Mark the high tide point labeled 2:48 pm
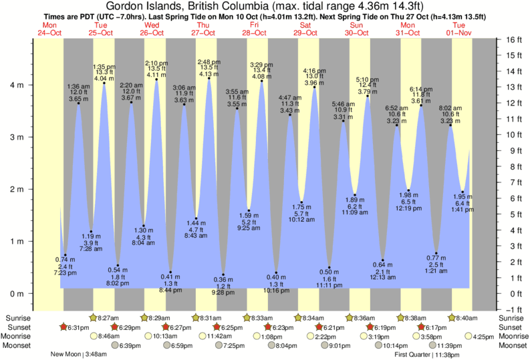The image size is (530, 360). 209,79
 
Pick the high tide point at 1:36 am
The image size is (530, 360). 78,104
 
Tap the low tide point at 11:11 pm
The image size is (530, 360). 329,267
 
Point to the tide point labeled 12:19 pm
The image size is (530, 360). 408,190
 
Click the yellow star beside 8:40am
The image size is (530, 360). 452,318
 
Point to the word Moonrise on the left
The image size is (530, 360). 17,337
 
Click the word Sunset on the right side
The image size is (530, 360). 513,327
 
